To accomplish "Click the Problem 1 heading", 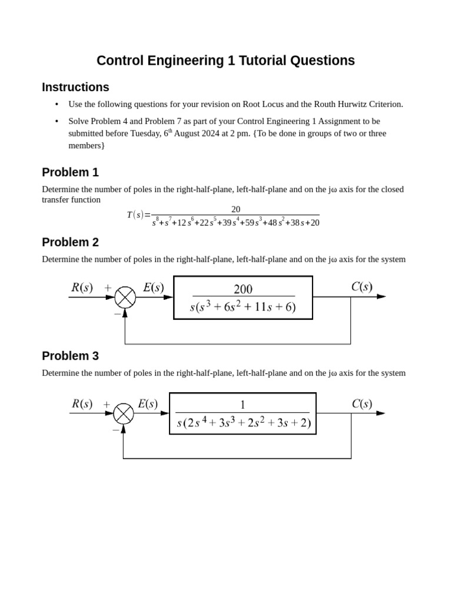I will [70, 172].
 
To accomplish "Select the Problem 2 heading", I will [70, 242].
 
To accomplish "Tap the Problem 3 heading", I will [70, 356].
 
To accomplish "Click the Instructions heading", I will [75, 87].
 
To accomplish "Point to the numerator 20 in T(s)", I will [235, 209].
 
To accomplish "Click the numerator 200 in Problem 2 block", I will [243, 289].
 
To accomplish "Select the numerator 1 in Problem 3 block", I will [242, 404].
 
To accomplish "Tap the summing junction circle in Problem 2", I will [125, 297].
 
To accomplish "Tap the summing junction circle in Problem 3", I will [123, 413].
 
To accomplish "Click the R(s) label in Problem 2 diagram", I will [82, 287].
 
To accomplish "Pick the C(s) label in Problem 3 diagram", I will [362, 404].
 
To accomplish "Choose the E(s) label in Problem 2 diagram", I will [153, 287].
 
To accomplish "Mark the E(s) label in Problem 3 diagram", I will [148, 404].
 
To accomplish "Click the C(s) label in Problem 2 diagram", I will [361, 287].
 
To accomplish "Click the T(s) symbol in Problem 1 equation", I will [135, 215].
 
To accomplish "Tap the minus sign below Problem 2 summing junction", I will [117, 315].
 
